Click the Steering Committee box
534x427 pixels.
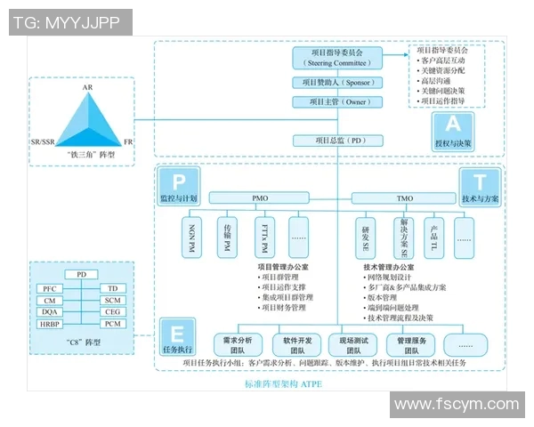(337, 59)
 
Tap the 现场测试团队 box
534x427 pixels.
(348, 345)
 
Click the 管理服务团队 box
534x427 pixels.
(407, 345)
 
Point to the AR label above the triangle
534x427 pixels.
(87, 88)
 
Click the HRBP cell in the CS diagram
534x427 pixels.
(50, 323)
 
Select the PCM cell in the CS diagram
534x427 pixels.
(112, 323)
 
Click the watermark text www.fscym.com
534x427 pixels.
(456, 406)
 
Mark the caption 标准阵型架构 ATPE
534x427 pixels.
(283, 384)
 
